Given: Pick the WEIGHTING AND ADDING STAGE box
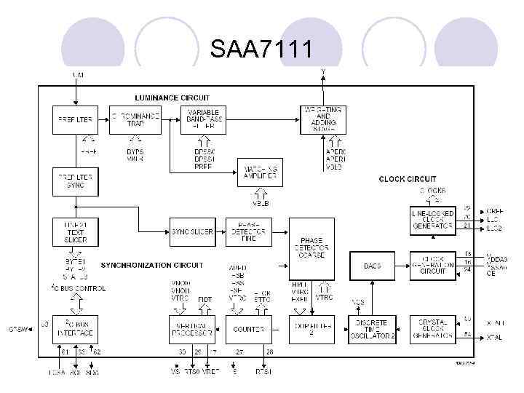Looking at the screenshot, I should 323,119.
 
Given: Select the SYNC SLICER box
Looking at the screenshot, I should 193,231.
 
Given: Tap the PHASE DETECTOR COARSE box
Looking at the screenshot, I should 311,248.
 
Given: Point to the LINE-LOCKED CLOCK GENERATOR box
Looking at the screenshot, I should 432,220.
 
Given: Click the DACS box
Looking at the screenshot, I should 373,266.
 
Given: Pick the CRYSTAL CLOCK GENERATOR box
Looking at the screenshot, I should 432,329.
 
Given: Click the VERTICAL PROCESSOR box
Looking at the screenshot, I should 192,329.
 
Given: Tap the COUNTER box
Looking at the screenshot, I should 249,329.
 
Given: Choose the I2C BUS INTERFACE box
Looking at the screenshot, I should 75,329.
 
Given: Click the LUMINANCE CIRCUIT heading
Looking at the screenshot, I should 172,98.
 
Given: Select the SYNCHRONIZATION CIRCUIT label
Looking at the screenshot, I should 151,265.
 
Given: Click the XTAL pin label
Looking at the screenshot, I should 496,337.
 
